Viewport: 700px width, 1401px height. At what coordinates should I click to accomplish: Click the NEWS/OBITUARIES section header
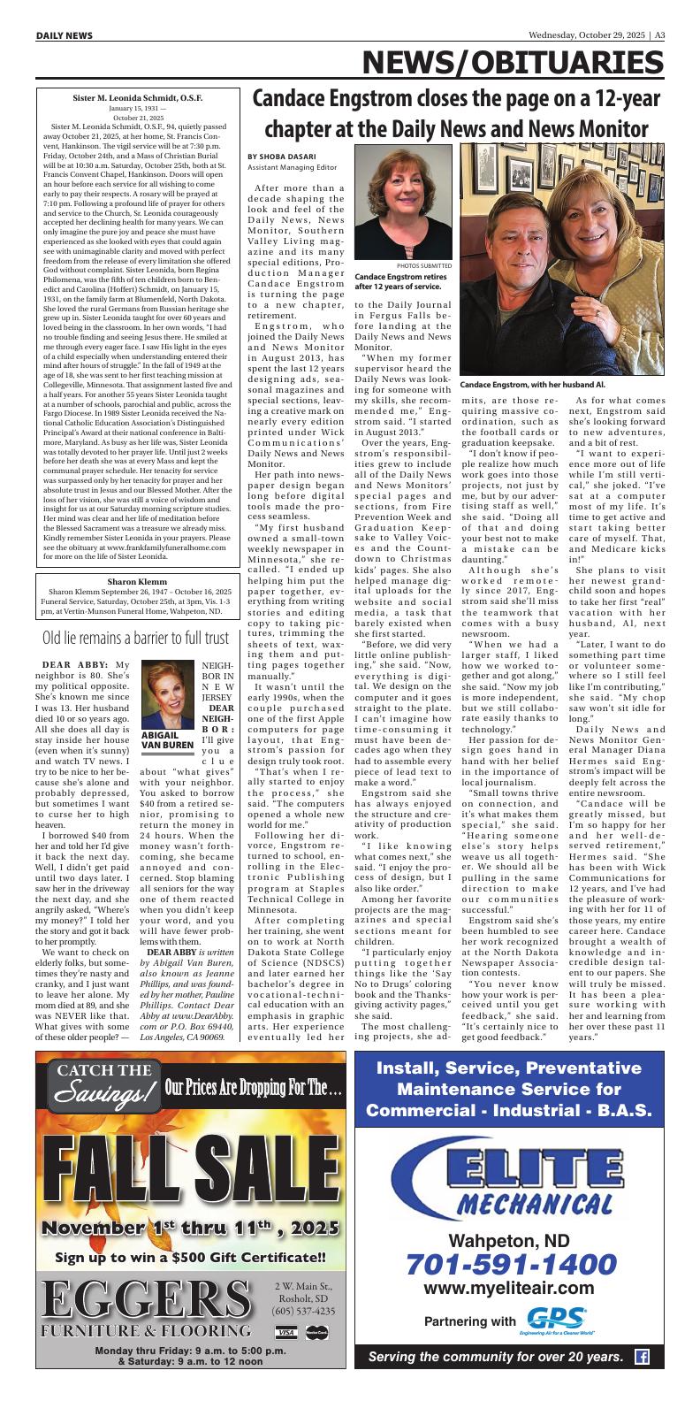tap(513, 63)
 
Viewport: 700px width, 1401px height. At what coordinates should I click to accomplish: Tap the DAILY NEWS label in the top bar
tap(65, 35)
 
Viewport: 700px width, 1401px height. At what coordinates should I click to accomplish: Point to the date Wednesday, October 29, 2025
tap(587, 35)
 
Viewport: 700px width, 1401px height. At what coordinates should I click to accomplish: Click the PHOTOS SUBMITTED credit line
tap(424, 265)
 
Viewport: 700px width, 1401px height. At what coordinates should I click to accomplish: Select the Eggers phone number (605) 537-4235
tap(303, 1311)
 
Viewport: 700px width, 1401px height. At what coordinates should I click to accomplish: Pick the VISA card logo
tap(285, 1332)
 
